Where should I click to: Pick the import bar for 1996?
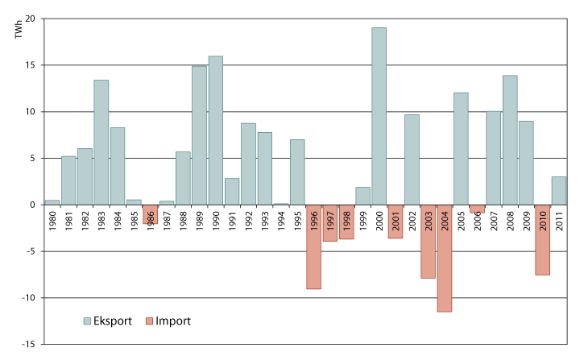click(314, 246)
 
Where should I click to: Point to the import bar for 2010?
click(542, 240)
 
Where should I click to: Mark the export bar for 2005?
click(461, 148)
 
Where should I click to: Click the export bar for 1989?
click(199, 135)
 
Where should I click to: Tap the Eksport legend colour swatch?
click(88, 321)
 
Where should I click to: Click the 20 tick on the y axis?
click(30, 19)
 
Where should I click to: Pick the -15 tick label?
click(28, 345)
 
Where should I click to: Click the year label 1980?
click(52, 221)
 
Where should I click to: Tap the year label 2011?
click(559, 221)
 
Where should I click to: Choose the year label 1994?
click(281, 221)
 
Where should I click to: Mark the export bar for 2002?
click(412, 159)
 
